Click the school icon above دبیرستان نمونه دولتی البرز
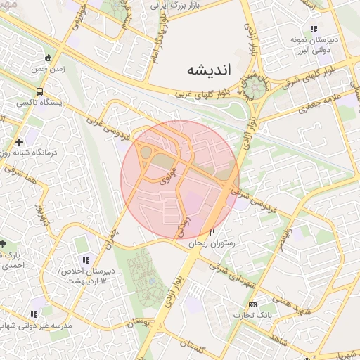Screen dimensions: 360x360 (314, 29)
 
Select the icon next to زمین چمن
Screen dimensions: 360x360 (47, 58)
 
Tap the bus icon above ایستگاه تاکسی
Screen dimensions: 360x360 (39, 91)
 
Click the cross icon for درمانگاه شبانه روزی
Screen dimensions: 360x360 (19, 142)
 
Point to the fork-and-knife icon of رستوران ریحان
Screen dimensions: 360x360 (212, 232)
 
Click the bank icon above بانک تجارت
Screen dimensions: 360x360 (252, 304)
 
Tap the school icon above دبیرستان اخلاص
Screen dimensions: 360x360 (86, 260)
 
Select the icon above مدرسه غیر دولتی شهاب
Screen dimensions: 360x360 (34, 314)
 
